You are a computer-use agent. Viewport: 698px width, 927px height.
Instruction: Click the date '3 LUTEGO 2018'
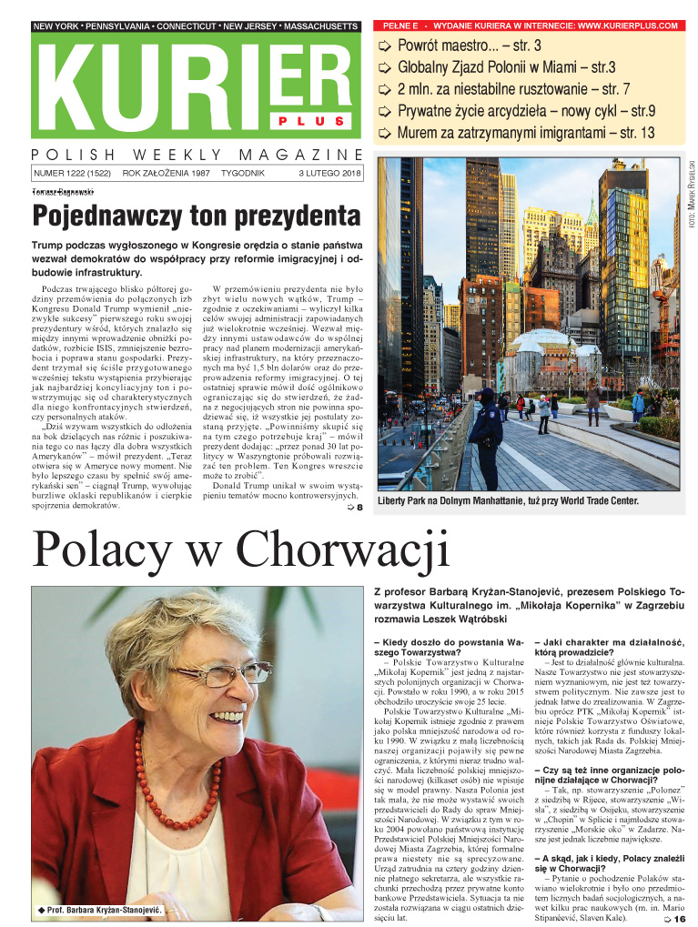click(329, 173)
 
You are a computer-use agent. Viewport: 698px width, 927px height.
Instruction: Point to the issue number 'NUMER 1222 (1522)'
click(72, 173)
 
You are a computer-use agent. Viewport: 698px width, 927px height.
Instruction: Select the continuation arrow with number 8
click(356, 508)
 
